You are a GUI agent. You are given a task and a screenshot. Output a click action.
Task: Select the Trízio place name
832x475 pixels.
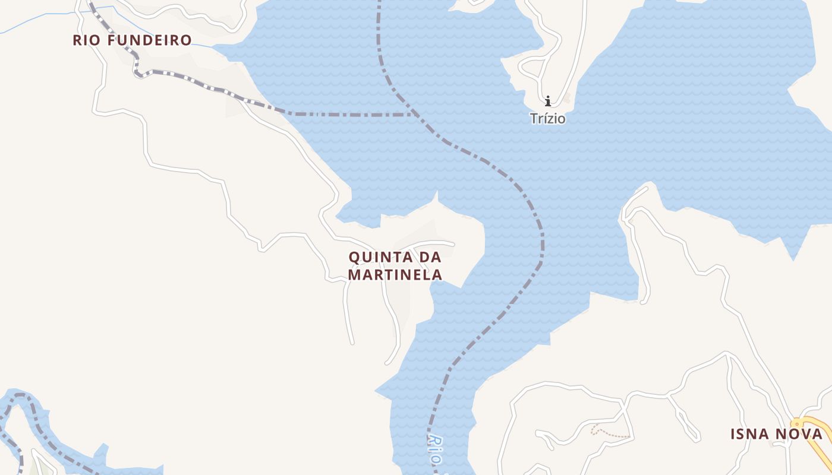(x=547, y=119)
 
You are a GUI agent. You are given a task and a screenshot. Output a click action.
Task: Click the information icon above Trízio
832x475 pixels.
(x=547, y=101)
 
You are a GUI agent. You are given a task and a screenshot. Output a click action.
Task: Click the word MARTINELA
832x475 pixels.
(x=395, y=275)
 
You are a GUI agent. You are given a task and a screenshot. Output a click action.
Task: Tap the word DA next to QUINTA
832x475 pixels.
(x=431, y=258)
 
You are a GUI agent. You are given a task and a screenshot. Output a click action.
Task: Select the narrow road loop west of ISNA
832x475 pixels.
(x=683, y=416)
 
